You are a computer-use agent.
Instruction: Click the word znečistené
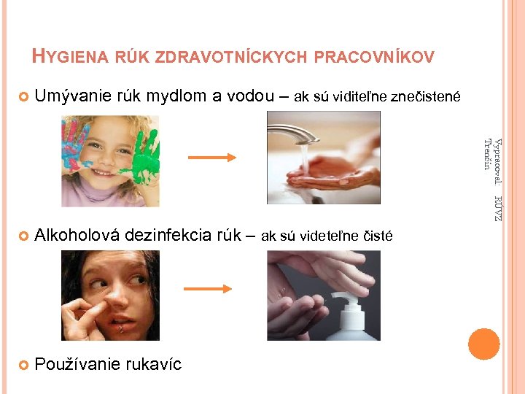(x=423, y=96)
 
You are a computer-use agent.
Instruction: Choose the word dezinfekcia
(x=169, y=235)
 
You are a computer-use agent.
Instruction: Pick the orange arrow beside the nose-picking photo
(x=208, y=289)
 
